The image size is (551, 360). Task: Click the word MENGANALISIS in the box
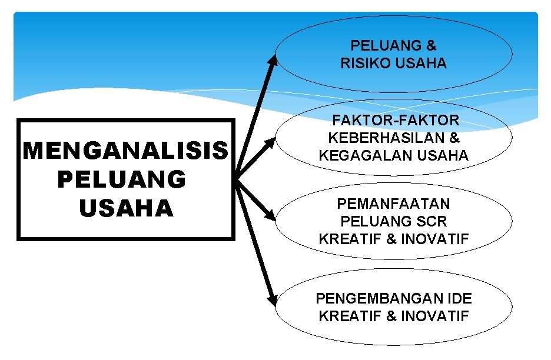click(x=125, y=151)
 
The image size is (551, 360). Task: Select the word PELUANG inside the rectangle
click(x=121, y=179)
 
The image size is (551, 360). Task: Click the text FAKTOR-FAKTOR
click(x=396, y=121)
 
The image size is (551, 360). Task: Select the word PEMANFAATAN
click(x=393, y=204)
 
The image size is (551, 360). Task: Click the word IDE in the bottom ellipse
click(x=459, y=298)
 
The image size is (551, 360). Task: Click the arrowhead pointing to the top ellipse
click(x=273, y=59)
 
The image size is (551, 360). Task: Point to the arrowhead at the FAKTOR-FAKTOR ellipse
click(x=271, y=142)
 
